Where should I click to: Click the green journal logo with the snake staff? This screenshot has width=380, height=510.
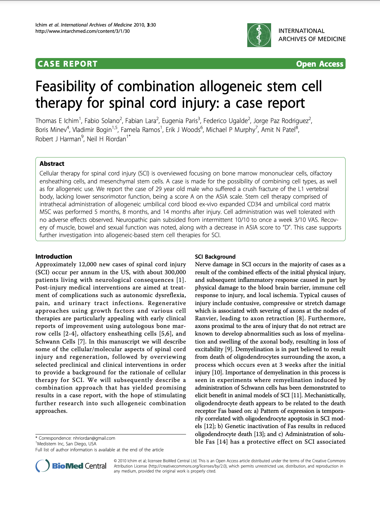click(x=259, y=35)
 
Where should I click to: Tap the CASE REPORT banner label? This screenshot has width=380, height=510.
click(x=68, y=64)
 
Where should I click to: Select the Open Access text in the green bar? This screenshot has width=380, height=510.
click(x=319, y=64)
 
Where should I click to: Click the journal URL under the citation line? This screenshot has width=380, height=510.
click(x=82, y=31)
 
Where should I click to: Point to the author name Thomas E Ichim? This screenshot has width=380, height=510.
click(x=57, y=121)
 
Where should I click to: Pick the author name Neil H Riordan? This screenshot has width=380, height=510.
click(x=107, y=139)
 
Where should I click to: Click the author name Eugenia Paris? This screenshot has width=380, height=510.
click(x=180, y=121)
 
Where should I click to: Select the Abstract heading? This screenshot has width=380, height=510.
click(x=52, y=163)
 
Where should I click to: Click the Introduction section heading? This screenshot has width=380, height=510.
click(x=54, y=256)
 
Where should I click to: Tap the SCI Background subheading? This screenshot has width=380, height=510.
click(x=215, y=257)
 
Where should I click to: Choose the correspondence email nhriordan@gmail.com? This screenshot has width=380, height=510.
click(x=94, y=438)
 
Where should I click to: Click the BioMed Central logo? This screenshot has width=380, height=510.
click(x=71, y=466)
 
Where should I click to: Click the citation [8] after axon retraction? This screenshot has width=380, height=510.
click(x=300, y=318)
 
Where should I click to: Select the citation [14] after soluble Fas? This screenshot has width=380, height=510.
click(x=222, y=442)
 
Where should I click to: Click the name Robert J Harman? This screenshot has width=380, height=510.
click(x=58, y=139)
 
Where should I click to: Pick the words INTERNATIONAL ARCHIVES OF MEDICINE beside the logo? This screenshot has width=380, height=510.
click(x=312, y=35)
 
